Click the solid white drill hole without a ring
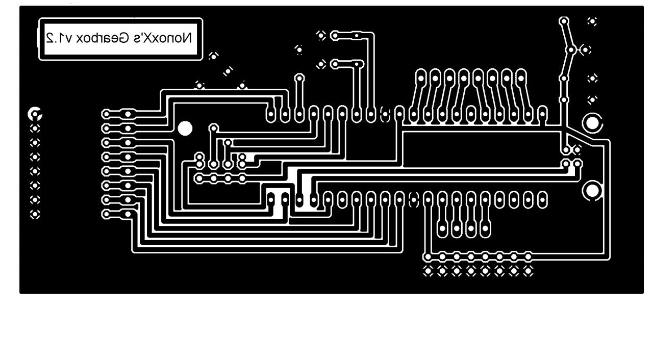[185, 128]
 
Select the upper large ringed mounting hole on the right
[592, 123]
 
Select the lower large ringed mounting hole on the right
[592, 191]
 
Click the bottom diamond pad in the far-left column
[35, 214]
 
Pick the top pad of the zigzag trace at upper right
[564, 21]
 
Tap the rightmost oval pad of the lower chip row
[543, 200]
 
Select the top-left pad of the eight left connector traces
[106, 114]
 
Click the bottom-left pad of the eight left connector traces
[106, 214]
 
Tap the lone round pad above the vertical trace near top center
[299, 78]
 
